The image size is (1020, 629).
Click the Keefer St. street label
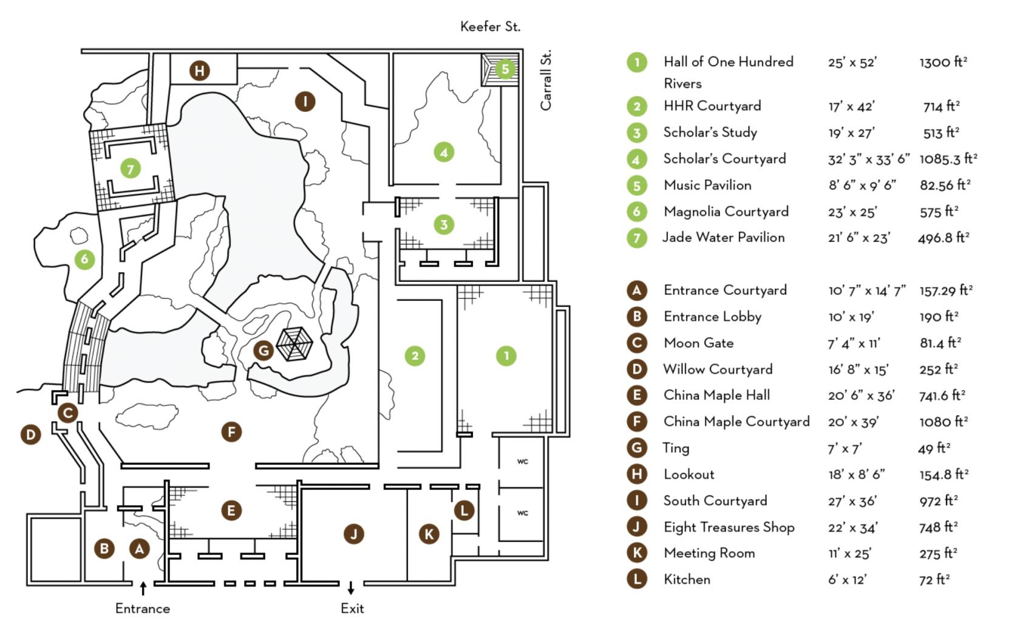[490, 27]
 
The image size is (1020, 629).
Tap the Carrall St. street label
[545, 80]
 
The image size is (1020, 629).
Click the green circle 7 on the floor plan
[131, 169]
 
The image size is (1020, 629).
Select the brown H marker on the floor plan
[199, 70]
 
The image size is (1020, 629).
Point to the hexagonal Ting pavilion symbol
[294, 344]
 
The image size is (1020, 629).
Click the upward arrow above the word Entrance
[143, 588]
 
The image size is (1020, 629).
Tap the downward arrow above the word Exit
[351, 588]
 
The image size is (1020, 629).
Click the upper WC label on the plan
[522, 461]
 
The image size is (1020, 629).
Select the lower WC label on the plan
[522, 513]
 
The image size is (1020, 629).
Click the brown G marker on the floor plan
[263, 351]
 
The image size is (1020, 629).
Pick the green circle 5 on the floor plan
[505, 69]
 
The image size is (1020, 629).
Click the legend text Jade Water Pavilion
[723, 238]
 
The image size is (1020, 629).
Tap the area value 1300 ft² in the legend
[943, 62]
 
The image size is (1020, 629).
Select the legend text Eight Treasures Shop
[729, 527]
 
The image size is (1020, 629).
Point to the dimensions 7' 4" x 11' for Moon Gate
[854, 343]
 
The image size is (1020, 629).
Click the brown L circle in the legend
[636, 579]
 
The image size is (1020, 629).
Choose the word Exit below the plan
[352, 608]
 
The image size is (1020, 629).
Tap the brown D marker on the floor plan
[31, 435]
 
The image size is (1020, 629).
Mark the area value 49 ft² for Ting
[934, 449]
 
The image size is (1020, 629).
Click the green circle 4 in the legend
[636, 159]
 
